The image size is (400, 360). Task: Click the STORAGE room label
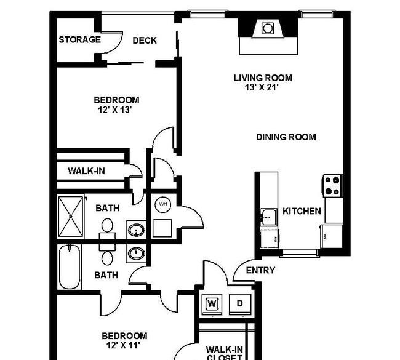click(79, 39)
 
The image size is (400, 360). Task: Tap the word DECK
click(145, 41)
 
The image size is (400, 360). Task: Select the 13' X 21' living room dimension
click(262, 87)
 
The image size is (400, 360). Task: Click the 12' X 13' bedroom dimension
click(115, 110)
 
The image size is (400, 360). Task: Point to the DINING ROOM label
click(286, 137)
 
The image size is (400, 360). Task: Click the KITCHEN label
click(302, 211)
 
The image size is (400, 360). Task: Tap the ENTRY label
click(260, 270)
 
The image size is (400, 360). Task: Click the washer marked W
click(212, 304)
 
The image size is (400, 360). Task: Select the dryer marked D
click(240, 304)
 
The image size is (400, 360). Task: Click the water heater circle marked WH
click(163, 204)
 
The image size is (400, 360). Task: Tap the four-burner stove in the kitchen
click(332, 186)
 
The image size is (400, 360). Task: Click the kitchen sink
click(269, 217)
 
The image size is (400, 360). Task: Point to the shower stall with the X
click(71, 217)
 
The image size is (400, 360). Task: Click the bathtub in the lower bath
click(69, 267)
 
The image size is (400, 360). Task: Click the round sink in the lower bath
click(137, 253)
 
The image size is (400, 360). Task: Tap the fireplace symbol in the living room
click(268, 28)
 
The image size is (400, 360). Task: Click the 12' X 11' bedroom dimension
click(123, 346)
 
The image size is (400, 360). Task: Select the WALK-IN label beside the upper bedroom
click(87, 171)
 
